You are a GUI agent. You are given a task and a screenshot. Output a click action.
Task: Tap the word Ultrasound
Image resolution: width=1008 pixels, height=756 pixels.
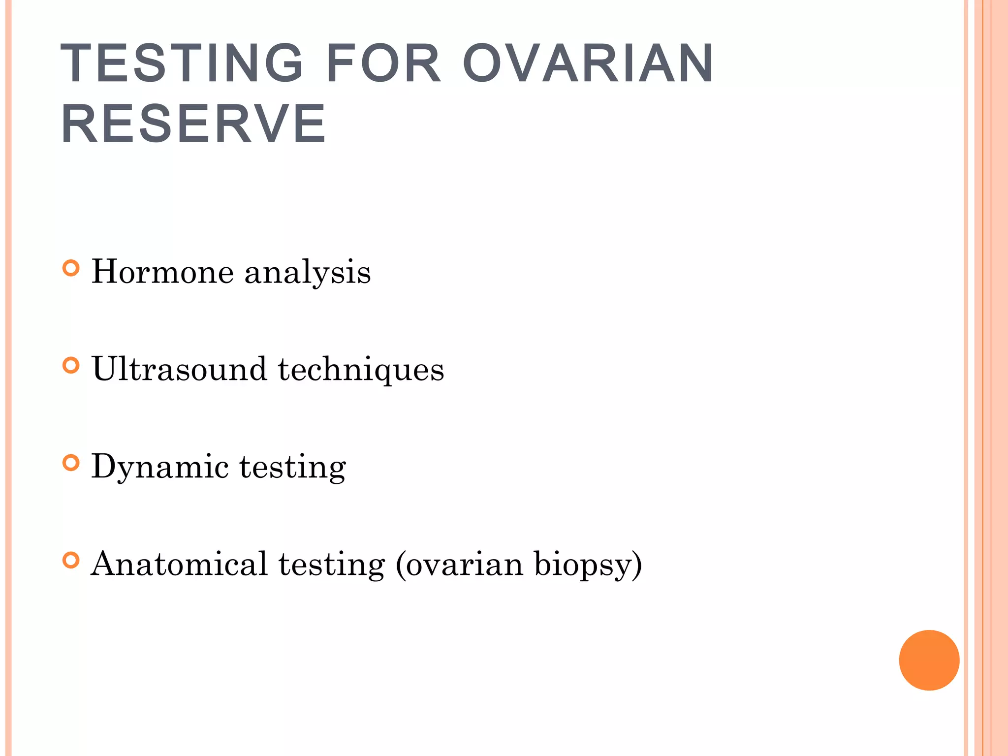point(179,369)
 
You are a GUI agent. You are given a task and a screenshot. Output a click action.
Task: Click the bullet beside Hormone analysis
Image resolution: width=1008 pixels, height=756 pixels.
point(71,268)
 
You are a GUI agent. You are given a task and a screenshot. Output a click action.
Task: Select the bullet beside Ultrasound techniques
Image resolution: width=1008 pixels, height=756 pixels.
point(71,366)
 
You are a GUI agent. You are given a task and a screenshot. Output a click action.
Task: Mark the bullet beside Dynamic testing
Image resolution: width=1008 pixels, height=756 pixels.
point(71,463)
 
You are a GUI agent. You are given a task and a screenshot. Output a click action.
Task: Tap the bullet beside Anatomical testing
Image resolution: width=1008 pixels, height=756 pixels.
point(71,561)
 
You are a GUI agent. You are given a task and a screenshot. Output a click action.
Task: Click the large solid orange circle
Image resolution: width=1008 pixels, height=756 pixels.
point(929,660)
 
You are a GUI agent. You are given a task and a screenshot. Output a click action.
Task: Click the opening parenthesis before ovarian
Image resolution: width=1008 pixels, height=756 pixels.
point(400,565)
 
